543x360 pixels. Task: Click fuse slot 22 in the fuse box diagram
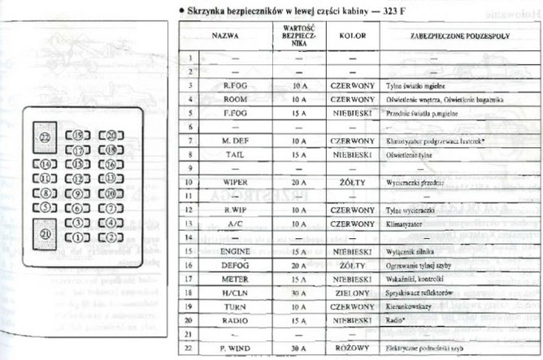pyautogui.click(x=45, y=137)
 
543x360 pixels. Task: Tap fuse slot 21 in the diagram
pyautogui.click(x=45, y=234)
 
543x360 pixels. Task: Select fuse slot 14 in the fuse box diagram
pyautogui.click(x=46, y=165)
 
